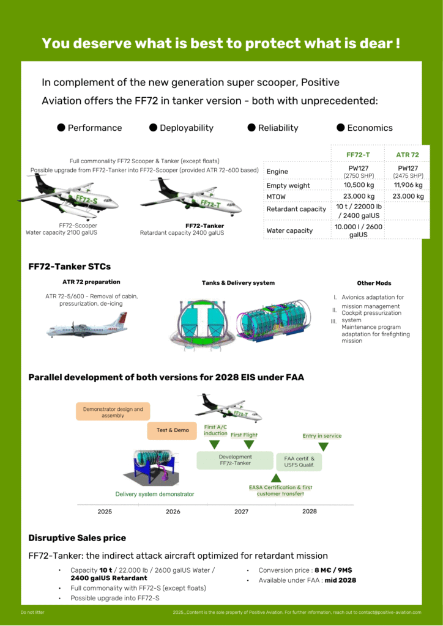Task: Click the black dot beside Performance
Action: pyautogui.click(x=61, y=128)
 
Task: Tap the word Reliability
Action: pyautogui.click(x=278, y=128)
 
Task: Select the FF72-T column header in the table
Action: pyautogui.click(x=357, y=155)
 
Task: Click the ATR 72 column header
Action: pyautogui.click(x=408, y=155)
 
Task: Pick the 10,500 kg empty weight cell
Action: pyautogui.click(x=359, y=185)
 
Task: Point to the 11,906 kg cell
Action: pyautogui.click(x=408, y=185)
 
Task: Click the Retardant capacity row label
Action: pyautogui.click(x=296, y=209)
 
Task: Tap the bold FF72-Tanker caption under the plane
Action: pyautogui.click(x=204, y=226)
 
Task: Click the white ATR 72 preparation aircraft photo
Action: pyautogui.click(x=86, y=325)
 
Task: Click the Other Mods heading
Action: pyautogui.click(x=374, y=283)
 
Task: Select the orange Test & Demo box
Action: pyautogui.click(x=173, y=430)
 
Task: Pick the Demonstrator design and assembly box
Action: pyautogui.click(x=113, y=413)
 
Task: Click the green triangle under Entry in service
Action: pyautogui.click(x=323, y=447)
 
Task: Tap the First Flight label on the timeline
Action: pyautogui.click(x=244, y=435)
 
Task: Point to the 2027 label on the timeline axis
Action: pyautogui.click(x=241, y=511)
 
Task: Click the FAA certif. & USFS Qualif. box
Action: pyautogui.click(x=299, y=462)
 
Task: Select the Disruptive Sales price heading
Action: pyautogui.click(x=77, y=538)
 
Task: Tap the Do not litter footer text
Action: pyautogui.click(x=32, y=612)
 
